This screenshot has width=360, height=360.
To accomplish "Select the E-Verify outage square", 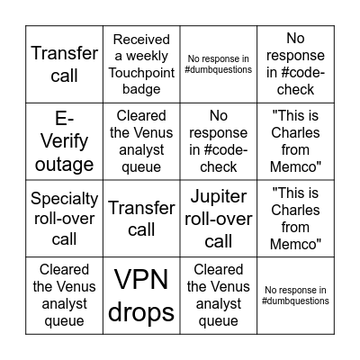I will (63, 140).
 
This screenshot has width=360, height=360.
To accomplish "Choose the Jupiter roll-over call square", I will (219, 218).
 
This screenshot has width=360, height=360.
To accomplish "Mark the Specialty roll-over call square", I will (63, 218).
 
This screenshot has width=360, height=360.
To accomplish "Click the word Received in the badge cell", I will (141, 39).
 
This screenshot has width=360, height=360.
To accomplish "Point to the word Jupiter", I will (219, 197).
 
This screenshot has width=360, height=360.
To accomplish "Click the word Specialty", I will (63, 198).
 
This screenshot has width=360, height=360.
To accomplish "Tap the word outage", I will (63, 164).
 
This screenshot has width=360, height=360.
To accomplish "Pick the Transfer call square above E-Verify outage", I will (63, 63).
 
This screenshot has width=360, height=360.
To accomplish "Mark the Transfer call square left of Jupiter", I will (141, 218).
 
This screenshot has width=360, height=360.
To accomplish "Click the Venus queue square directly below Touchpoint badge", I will (141, 140).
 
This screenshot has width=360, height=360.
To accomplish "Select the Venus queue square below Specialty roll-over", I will (63, 295).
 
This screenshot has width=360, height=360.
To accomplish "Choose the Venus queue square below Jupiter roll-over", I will (219, 295).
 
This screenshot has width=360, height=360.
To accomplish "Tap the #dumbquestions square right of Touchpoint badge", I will (219, 63).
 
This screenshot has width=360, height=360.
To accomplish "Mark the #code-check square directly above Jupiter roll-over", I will (219, 140).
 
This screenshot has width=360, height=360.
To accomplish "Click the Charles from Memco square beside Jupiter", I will (296, 218).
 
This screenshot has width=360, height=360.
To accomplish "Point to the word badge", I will (141, 92).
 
